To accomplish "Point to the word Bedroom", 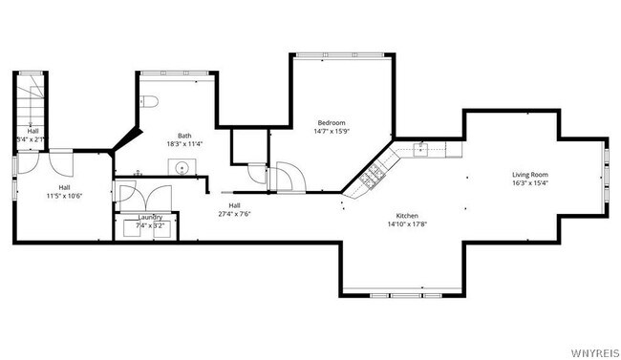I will (332, 122).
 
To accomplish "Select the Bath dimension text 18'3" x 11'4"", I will (184, 144).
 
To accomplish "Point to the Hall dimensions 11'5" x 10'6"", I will (65, 196).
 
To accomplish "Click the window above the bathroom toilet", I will (163, 72).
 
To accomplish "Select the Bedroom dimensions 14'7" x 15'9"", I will (332, 132).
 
